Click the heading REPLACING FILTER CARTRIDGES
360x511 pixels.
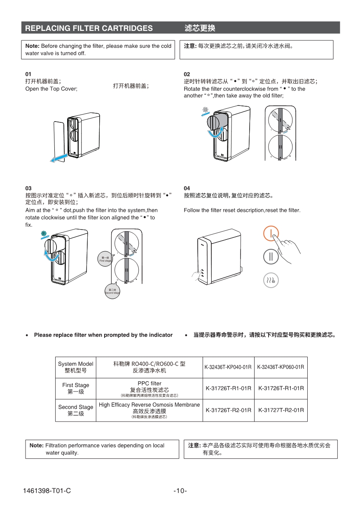pos(89,28)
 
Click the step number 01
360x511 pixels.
pos(28,74)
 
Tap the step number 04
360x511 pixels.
pos(187,188)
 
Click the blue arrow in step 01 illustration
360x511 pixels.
pos(57,157)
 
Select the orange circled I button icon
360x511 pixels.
pos(271,234)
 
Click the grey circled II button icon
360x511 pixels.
pos(271,256)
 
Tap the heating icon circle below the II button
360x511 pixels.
pos(271,280)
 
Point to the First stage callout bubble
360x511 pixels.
pos(105,259)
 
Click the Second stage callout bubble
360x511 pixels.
pos(112,291)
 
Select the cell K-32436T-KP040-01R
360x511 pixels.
pos(228,367)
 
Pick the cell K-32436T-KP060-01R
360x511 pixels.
pos(281,367)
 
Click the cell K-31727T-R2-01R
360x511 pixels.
pos(281,410)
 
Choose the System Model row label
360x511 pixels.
pos(75,367)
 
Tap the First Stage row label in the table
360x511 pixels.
pos(75,388)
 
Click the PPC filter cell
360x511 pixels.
pos(149,389)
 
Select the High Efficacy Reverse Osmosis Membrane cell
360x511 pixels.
pos(149,410)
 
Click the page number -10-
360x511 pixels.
pos(180,491)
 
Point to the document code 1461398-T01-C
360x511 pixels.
pos(47,491)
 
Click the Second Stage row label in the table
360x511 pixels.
pos(75,410)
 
